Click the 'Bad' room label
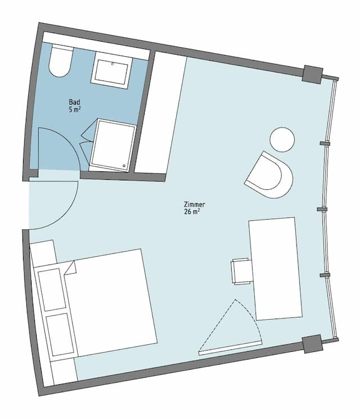click(74, 102)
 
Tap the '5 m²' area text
click(75, 110)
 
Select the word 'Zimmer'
click(195, 205)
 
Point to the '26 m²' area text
click(192, 212)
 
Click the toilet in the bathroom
click(60, 61)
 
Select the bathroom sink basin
click(112, 70)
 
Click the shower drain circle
click(124, 166)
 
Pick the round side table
click(282, 140)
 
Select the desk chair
click(241, 271)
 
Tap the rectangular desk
click(276, 269)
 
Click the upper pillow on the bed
click(52, 289)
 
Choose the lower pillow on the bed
click(60, 334)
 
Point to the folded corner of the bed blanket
click(70, 268)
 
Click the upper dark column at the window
click(312, 74)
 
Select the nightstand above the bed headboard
click(43, 253)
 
